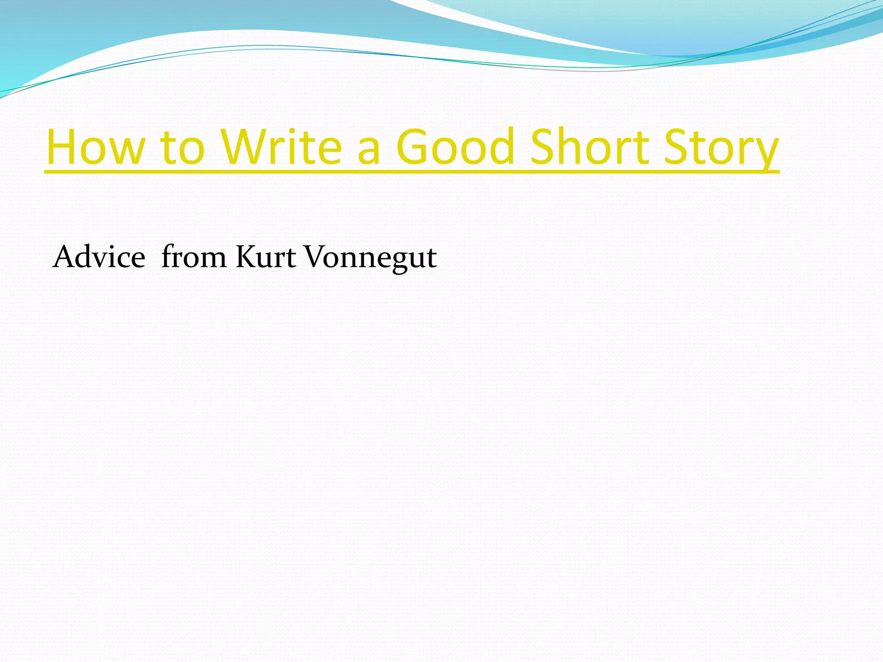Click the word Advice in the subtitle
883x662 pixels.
tap(99, 257)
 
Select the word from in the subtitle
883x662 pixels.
tap(194, 257)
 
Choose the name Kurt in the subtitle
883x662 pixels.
tap(266, 257)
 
